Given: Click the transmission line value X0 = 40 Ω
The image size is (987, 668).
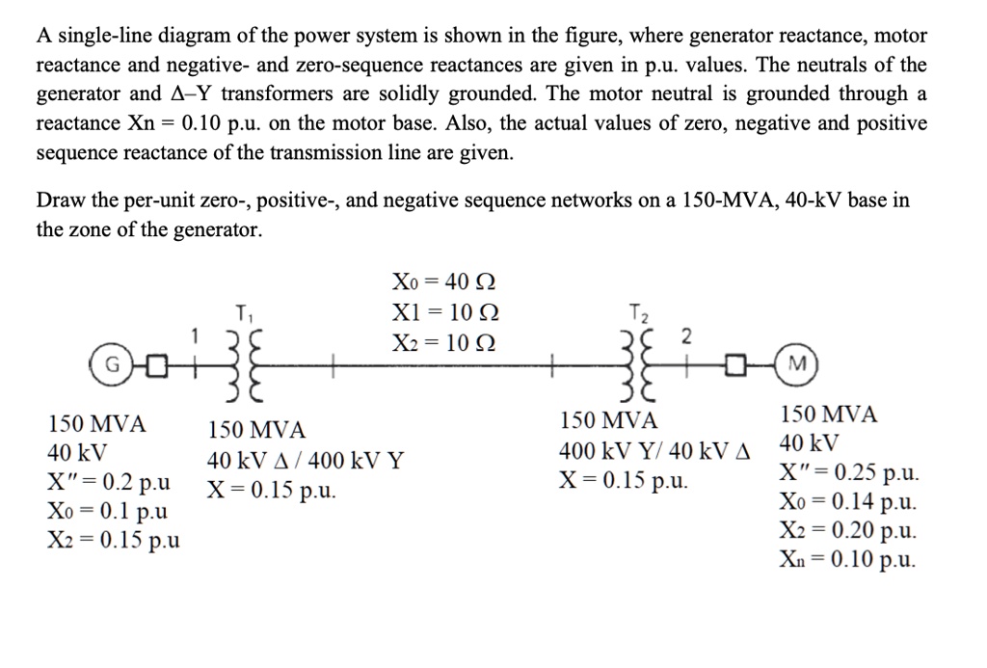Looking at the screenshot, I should point(445,282).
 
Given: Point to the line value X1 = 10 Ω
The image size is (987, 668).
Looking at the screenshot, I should point(445,314).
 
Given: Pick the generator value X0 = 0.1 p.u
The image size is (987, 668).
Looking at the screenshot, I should point(107,510).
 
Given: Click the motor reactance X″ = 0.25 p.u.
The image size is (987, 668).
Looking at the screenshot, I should point(848,473).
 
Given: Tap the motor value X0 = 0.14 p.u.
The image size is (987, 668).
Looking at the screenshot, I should point(848,501).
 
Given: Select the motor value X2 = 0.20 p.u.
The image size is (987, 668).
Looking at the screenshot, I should point(848,530).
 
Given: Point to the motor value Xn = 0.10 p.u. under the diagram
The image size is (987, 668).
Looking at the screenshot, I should point(848,559).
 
